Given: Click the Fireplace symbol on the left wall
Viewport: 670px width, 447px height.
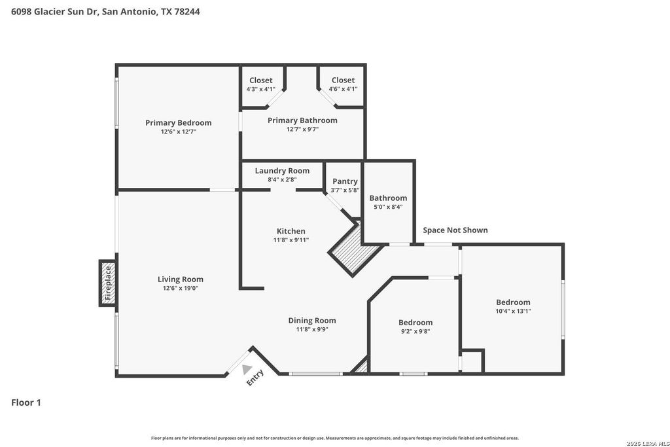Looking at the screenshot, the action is click(x=108, y=283).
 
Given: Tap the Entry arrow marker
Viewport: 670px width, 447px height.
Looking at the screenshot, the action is click(x=247, y=369).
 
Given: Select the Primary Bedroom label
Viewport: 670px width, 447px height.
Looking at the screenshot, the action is click(x=178, y=123).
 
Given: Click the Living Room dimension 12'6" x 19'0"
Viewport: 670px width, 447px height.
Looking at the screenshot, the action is click(x=181, y=289).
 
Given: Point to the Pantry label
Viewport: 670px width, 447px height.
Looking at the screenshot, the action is click(x=345, y=181).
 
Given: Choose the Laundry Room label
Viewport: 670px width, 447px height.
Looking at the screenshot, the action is click(x=282, y=171).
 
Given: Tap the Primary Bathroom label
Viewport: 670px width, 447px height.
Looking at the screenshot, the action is click(x=302, y=120).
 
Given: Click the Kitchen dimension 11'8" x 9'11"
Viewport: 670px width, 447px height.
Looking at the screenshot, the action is click(x=291, y=240).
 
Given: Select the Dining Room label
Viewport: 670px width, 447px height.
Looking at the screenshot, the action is click(x=312, y=321).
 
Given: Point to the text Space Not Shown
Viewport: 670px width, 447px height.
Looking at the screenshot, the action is click(x=455, y=230).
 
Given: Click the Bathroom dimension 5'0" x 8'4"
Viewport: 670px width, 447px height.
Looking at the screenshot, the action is click(x=388, y=207).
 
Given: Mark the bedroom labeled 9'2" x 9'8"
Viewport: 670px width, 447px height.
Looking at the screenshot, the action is click(x=415, y=327).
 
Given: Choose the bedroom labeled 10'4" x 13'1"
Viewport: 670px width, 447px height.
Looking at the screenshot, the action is click(x=513, y=306).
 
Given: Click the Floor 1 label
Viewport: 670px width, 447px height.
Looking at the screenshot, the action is click(x=26, y=402).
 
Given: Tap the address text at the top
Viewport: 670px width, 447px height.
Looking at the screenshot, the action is click(x=105, y=12).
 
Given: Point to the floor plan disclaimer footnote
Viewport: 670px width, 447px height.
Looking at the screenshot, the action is click(x=334, y=438).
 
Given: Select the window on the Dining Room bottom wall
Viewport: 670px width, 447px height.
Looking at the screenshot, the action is click(x=315, y=374).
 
